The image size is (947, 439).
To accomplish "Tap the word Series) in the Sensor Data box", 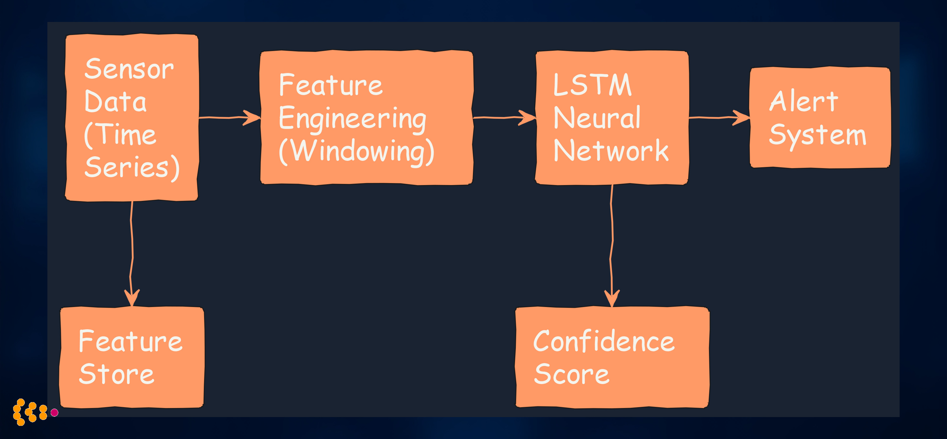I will [x=131, y=167].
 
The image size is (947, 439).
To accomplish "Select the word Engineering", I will [x=352, y=119].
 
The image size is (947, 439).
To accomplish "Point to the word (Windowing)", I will [x=356, y=151].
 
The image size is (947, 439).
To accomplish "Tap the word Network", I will [x=611, y=151].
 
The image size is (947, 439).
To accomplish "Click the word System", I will [x=817, y=135].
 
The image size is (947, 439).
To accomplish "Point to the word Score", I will [x=571, y=374].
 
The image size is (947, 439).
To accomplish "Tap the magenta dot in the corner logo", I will [x=54, y=413].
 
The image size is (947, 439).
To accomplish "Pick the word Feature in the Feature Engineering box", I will [x=330, y=85].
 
